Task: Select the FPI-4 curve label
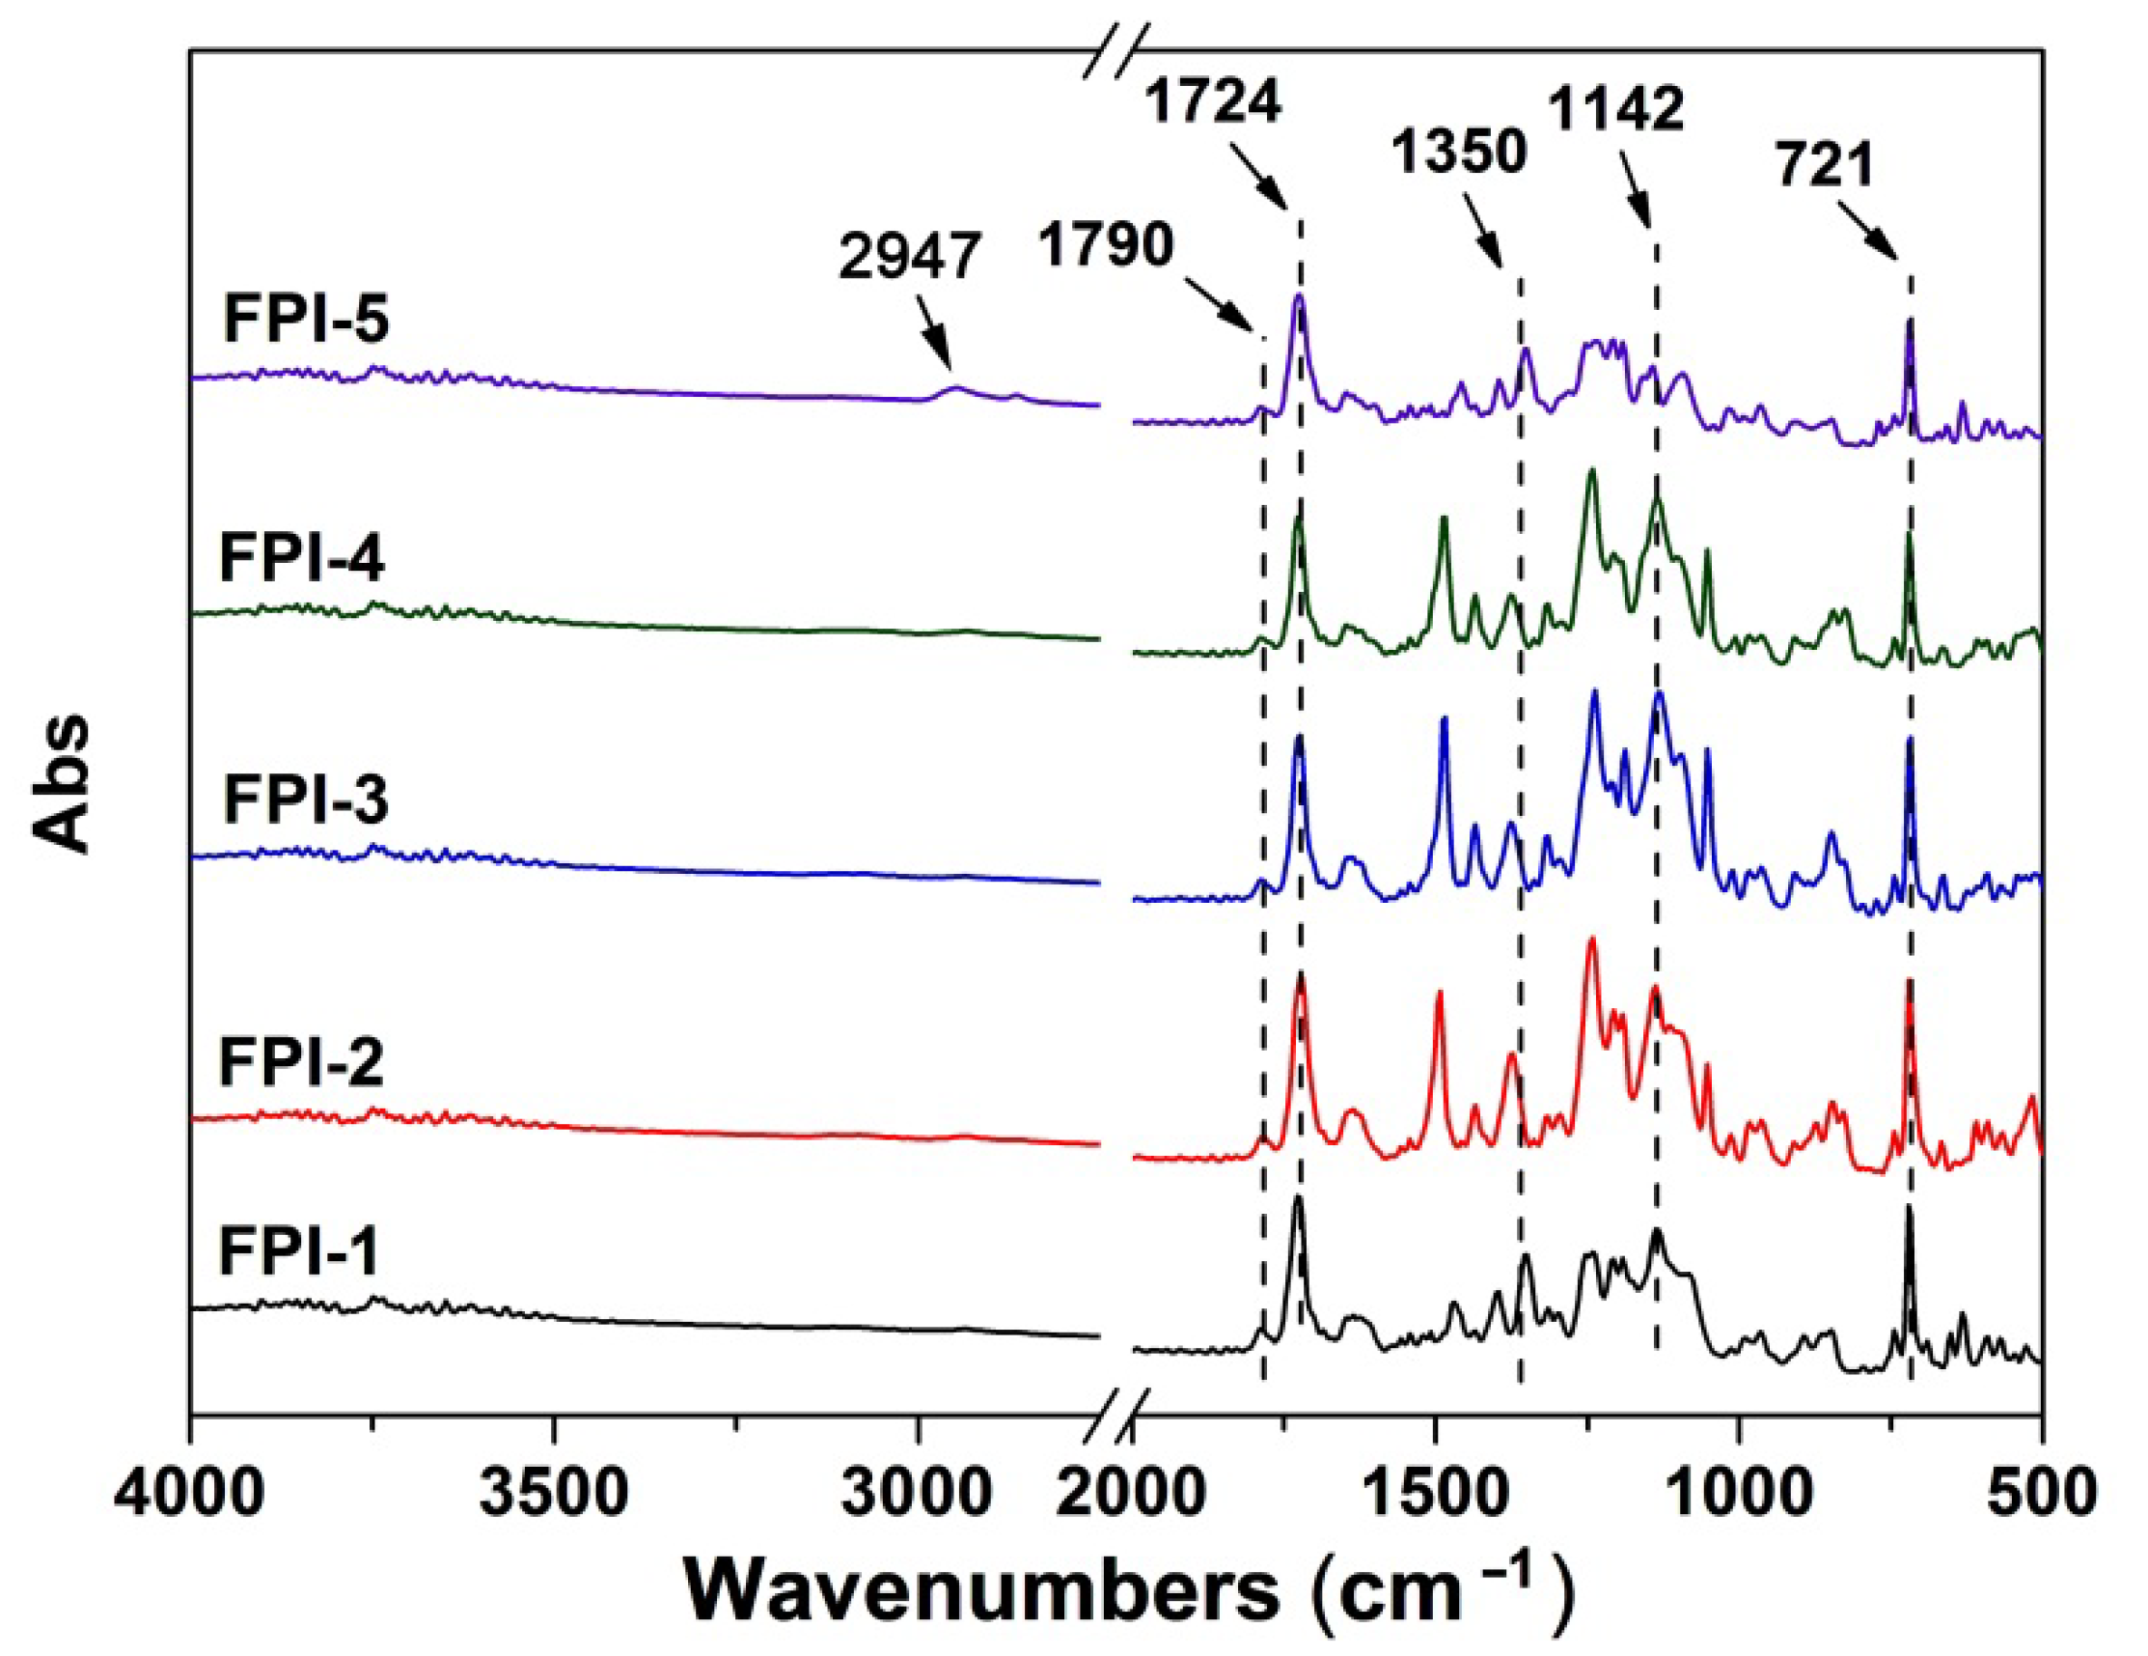[302, 558]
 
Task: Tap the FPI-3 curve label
[306, 799]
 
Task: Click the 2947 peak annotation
[910, 259]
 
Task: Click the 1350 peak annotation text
[1460, 153]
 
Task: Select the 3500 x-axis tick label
[556, 1495]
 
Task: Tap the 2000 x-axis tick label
[1131, 1495]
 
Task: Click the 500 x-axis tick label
[2041, 1495]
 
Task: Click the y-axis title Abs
[61, 782]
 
